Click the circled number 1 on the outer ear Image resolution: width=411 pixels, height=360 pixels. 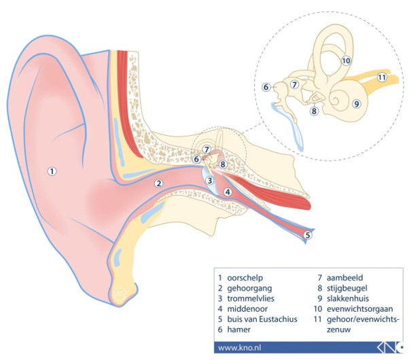click(x=52, y=171)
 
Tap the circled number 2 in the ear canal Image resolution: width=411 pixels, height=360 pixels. click(x=158, y=183)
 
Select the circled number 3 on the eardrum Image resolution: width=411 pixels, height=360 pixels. click(x=210, y=181)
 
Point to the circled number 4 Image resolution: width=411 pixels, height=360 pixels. click(x=228, y=192)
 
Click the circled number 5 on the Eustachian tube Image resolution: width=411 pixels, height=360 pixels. click(x=308, y=235)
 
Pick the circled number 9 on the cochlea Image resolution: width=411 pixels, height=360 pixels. click(x=356, y=104)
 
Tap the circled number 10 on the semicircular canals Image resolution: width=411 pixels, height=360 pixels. click(x=346, y=60)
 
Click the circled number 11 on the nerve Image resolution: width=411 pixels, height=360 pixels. click(x=382, y=77)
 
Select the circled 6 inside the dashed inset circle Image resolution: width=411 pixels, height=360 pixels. click(x=266, y=87)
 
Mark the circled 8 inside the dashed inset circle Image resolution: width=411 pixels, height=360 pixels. click(x=314, y=111)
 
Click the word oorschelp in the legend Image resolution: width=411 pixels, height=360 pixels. click(x=245, y=278)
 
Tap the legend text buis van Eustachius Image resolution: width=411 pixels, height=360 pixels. click(x=262, y=319)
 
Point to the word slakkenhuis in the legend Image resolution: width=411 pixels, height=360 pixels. click(x=348, y=298)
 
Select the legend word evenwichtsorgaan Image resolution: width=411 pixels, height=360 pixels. click(x=359, y=308)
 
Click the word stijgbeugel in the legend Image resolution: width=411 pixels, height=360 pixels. click(x=346, y=288)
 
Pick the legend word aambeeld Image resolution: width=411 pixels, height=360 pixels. click(x=344, y=278)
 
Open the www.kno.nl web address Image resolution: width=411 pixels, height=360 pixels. click(x=239, y=348)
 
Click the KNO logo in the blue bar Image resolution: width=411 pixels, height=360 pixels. click(x=390, y=348)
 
